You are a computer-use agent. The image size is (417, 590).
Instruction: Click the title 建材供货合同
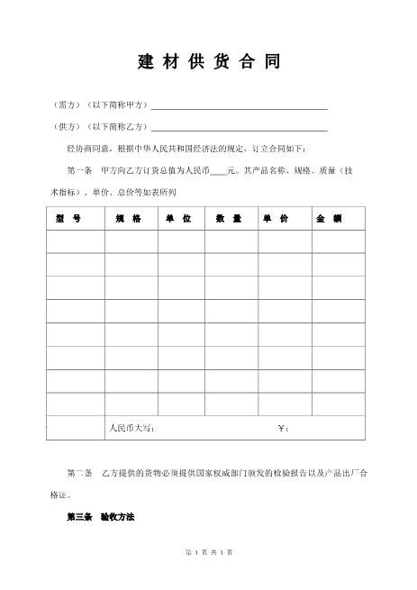click(208, 62)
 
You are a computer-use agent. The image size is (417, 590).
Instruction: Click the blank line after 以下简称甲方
click(239, 107)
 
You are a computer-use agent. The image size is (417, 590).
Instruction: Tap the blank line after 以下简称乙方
click(239, 129)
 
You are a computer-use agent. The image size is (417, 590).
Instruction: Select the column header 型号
click(68, 219)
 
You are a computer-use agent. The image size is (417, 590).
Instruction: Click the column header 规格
click(129, 219)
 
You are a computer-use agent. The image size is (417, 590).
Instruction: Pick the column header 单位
click(178, 219)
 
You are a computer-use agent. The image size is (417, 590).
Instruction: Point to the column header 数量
click(229, 219)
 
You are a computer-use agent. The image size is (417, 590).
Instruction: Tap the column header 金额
click(329, 219)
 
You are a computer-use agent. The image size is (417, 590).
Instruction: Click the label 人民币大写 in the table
click(131, 428)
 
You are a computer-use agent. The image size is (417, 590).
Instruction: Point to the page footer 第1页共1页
click(208, 576)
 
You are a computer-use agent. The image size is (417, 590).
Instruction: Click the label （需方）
click(67, 105)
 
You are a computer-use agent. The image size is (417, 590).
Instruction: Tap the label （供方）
click(67, 127)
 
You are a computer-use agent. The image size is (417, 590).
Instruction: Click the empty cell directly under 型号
click(76, 241)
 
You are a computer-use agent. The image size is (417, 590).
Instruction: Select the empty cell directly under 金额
click(338, 241)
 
